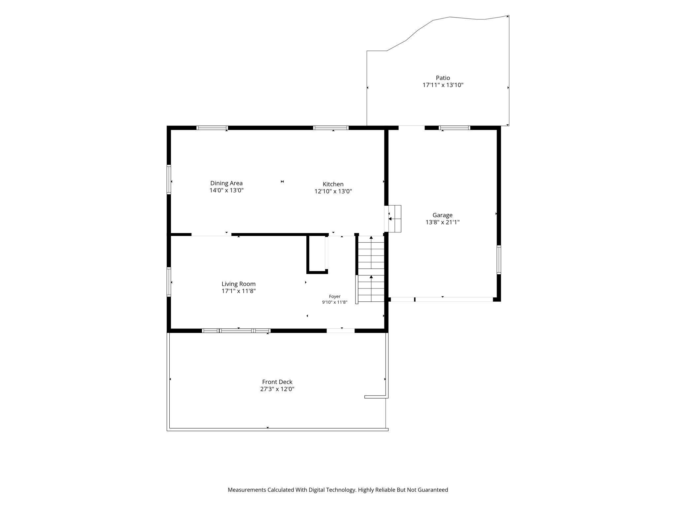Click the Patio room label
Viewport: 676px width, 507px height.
(443, 78)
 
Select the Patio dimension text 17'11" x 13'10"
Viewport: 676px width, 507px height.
(443, 85)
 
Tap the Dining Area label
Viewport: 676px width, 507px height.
(226, 183)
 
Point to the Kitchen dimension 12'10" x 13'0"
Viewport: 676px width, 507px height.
(333, 191)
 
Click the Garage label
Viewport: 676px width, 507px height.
(443, 215)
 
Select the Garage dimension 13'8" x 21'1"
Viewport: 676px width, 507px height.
(443, 222)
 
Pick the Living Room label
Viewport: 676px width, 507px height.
(238, 284)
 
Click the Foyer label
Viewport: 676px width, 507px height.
(335, 296)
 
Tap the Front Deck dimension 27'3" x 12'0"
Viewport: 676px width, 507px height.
(277, 389)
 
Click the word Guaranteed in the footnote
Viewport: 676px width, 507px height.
(433, 490)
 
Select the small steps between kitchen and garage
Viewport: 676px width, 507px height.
(395, 219)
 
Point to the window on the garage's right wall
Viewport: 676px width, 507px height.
(499, 260)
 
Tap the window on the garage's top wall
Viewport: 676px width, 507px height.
(455, 128)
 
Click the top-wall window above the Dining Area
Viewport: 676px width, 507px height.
(212, 128)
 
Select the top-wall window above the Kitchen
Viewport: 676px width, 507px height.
(331, 128)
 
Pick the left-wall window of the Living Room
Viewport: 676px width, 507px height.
(169, 282)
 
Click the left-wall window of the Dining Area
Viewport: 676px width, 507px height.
(169, 180)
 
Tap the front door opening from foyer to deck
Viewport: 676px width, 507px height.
(341, 331)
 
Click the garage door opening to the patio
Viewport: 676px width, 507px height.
(412, 128)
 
